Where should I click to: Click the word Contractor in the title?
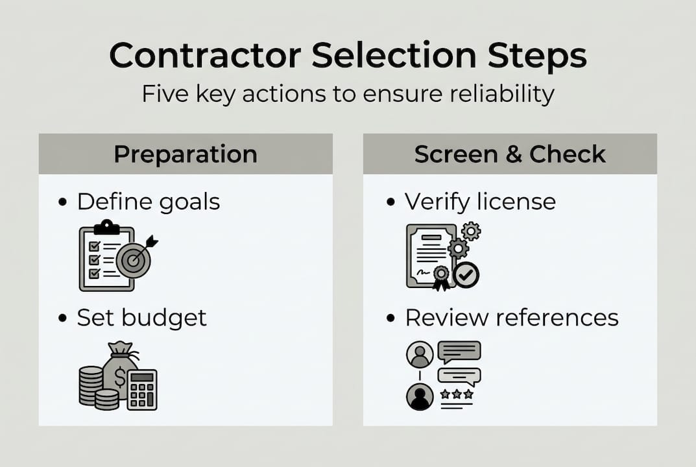pos(205,56)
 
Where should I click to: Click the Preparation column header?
pos(186,154)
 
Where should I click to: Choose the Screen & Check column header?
pos(510,154)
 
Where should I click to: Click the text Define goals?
pos(149,202)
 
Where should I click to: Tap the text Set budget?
pos(141,318)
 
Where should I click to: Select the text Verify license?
pos(480,202)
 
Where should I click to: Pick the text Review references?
pos(512,318)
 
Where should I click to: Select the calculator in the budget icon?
pos(142,389)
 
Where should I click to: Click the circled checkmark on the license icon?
pos(465,275)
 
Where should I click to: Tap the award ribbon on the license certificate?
pos(441,276)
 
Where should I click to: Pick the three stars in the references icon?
pos(457,394)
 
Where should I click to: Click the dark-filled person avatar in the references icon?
pos(420,396)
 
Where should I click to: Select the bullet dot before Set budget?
pos(62,318)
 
